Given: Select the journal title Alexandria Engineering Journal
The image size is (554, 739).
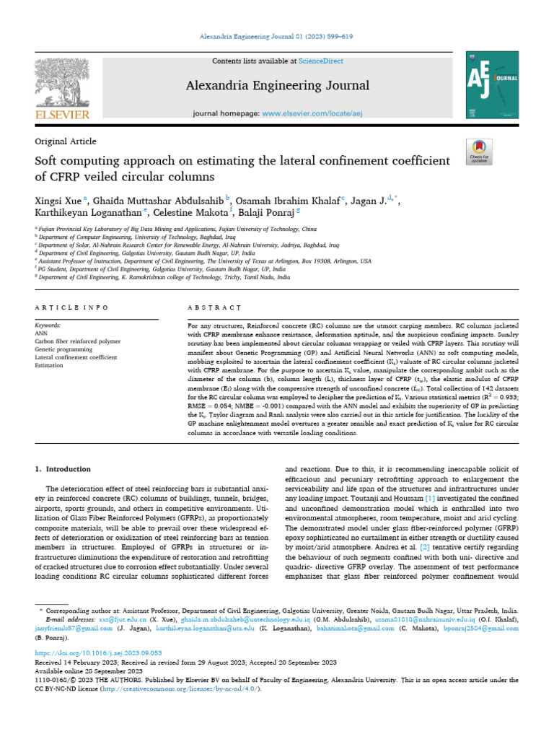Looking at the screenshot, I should click(x=278, y=86).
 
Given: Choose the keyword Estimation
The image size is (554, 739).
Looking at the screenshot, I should click(x=50, y=366).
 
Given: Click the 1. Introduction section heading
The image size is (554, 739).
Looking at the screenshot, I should click(x=63, y=469).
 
